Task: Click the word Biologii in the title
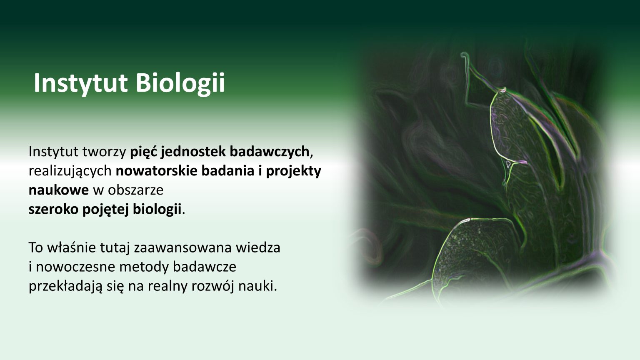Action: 180,83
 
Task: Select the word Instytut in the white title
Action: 80,83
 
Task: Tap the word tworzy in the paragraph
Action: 104,152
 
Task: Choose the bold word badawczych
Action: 270,152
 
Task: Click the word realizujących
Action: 70,171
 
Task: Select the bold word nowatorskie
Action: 157,171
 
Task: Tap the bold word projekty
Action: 294,171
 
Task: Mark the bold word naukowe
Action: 59,190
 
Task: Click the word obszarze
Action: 136,190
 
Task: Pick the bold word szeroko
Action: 53,209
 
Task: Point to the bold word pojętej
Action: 106,209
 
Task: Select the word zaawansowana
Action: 182,247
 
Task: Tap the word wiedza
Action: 258,247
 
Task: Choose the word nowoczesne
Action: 75,267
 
